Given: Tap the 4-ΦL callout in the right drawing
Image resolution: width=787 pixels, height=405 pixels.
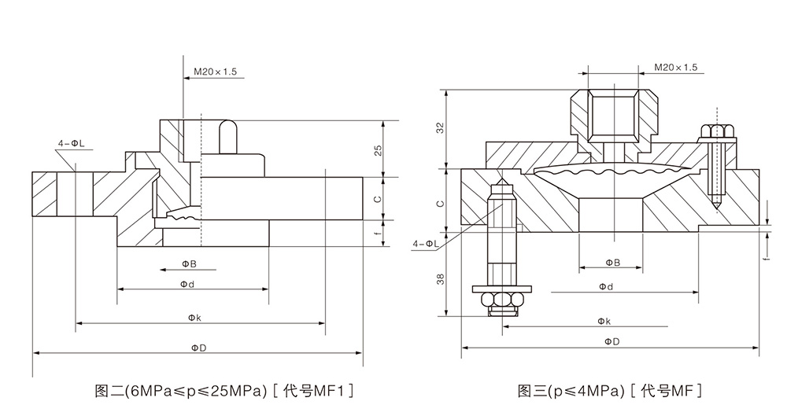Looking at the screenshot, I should pyautogui.click(x=425, y=244).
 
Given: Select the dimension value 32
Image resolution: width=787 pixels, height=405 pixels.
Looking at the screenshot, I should pyautogui.click(x=440, y=128).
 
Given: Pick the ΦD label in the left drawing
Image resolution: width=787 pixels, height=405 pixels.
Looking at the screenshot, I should pyautogui.click(x=197, y=347).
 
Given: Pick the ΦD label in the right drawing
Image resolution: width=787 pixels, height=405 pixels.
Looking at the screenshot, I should pyautogui.click(x=611, y=341).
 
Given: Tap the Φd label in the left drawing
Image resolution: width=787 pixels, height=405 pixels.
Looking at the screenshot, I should pyautogui.click(x=187, y=284).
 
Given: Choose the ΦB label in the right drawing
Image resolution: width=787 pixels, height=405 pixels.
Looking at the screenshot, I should pyautogui.click(x=611, y=262).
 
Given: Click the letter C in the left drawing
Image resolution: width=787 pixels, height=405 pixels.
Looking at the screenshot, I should pyautogui.click(x=378, y=199).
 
